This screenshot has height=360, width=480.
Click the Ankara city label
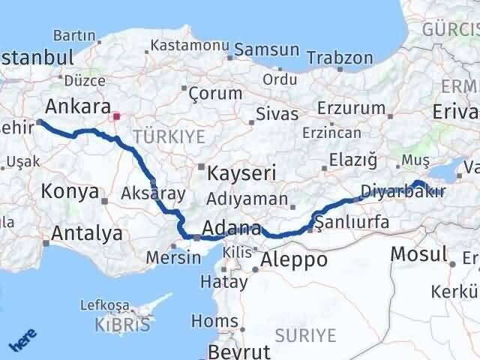point(78,106)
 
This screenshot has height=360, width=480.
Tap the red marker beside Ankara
point(116,116)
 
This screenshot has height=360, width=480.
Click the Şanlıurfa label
point(352,222)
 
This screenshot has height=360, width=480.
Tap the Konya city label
point(70,191)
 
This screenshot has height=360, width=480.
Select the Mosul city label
point(418,253)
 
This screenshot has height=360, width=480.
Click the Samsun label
point(262,49)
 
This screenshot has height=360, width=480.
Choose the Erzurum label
point(350,109)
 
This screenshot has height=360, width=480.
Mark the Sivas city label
point(277,115)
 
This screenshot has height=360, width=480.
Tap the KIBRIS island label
point(122,325)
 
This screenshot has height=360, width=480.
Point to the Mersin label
point(174,256)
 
